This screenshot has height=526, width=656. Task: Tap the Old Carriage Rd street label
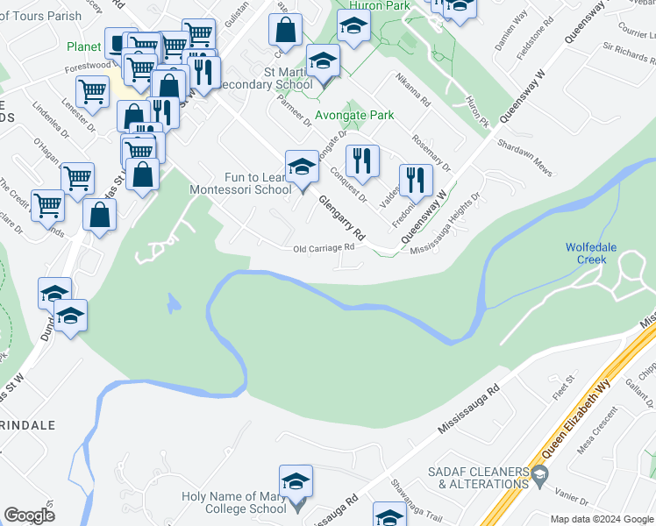click(x=324, y=247)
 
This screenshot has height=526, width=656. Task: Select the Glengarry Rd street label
click(x=341, y=218)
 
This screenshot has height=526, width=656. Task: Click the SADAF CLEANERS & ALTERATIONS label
click(x=478, y=478)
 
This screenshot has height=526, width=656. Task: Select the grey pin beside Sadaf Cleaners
click(x=538, y=477)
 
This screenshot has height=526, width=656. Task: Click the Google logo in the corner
click(x=29, y=515)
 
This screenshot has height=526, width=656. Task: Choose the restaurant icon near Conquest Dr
click(x=361, y=161)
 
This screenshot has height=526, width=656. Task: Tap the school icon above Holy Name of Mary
click(x=296, y=482)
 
